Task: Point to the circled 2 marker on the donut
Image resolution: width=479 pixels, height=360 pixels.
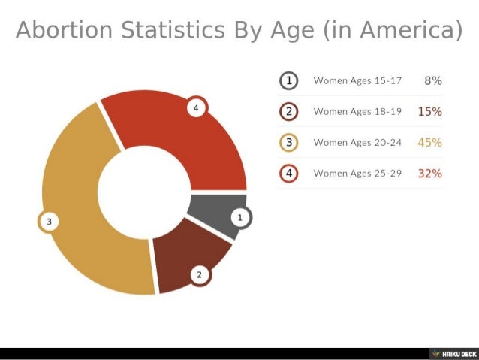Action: [x=199, y=274]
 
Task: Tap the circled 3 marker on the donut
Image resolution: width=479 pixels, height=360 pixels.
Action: [x=49, y=222]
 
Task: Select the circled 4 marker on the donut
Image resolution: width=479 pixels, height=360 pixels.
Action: [x=195, y=109]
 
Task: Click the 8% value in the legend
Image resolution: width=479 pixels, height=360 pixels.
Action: [x=432, y=80]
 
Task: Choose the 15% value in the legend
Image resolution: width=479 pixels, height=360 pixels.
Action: [x=429, y=111]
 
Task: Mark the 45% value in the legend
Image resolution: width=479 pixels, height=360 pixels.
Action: [x=429, y=142]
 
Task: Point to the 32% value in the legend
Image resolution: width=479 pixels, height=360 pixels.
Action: [x=429, y=173]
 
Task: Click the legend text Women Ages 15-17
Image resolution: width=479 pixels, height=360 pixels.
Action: [x=357, y=80]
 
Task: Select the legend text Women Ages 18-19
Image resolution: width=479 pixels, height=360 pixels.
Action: [x=357, y=111]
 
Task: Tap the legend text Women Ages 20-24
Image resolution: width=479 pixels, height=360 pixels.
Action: [x=357, y=142]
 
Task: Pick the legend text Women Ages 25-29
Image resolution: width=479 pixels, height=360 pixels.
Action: [x=357, y=173]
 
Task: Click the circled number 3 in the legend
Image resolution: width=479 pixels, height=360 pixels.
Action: [x=290, y=142]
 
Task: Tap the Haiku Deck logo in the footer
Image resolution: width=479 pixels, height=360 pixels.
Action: [x=453, y=353]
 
